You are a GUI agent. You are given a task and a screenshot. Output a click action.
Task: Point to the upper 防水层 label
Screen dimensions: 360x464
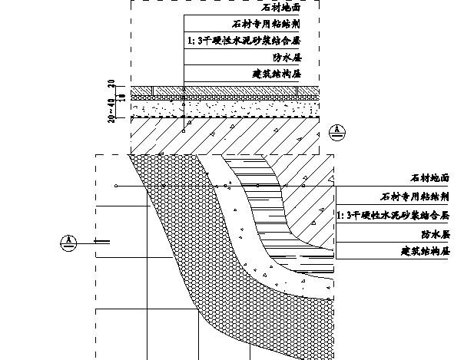[285, 57]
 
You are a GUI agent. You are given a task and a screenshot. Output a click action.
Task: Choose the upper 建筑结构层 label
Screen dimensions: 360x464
[275, 74]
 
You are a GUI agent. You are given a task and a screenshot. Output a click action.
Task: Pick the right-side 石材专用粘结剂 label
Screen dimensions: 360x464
[414, 197]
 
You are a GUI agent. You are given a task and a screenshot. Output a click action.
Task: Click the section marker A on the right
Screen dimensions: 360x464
[338, 130]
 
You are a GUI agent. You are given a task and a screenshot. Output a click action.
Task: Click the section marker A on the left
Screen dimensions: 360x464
[69, 243]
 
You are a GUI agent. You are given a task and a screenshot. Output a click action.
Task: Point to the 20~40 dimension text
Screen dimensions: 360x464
[113, 111]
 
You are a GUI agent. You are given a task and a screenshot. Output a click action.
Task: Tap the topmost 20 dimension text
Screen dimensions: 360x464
[112, 84]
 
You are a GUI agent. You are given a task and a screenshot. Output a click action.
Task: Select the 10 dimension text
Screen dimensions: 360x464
[112, 95]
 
